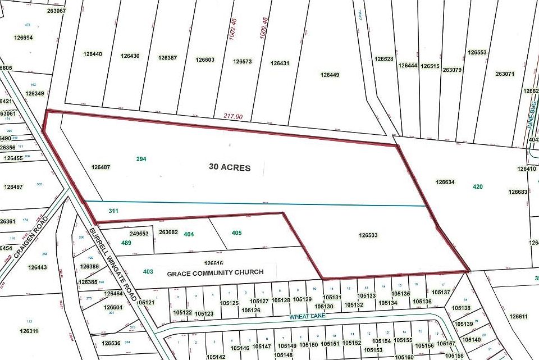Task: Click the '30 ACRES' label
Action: tap(229, 167)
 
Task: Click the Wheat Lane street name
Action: tap(308, 317)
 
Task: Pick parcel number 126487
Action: tap(101, 167)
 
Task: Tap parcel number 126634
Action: tap(445, 182)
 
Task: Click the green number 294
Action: tap(141, 159)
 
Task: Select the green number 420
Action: tap(478, 186)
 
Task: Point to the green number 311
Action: tap(113, 211)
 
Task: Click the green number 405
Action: tap(236, 233)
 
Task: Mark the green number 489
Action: tap(126, 243)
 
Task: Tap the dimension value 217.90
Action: tap(232, 116)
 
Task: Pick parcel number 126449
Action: tap(330, 75)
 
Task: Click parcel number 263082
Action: tap(168, 232)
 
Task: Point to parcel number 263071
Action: tap(505, 74)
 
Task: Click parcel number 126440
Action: tap(93, 54)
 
